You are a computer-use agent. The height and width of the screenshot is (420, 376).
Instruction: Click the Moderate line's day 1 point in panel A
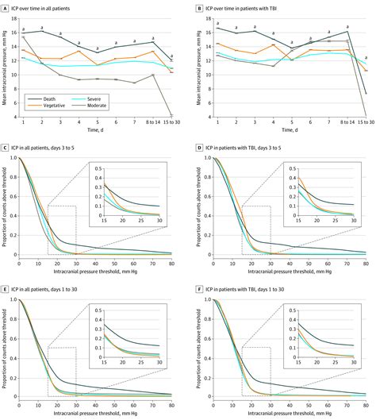tap(23, 37)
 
